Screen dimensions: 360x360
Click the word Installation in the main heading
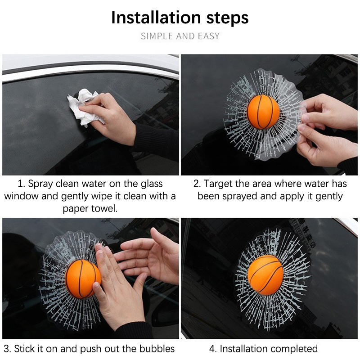tap(156, 18)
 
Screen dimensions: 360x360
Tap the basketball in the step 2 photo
tap(263, 112)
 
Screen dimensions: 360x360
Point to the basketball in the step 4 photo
tap(265, 275)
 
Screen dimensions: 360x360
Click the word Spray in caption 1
tap(40, 184)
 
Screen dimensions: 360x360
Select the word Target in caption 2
tap(218, 184)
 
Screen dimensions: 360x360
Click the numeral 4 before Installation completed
tap(212, 349)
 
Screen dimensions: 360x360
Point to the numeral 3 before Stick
tap(6, 349)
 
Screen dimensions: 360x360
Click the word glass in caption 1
tap(152, 184)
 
